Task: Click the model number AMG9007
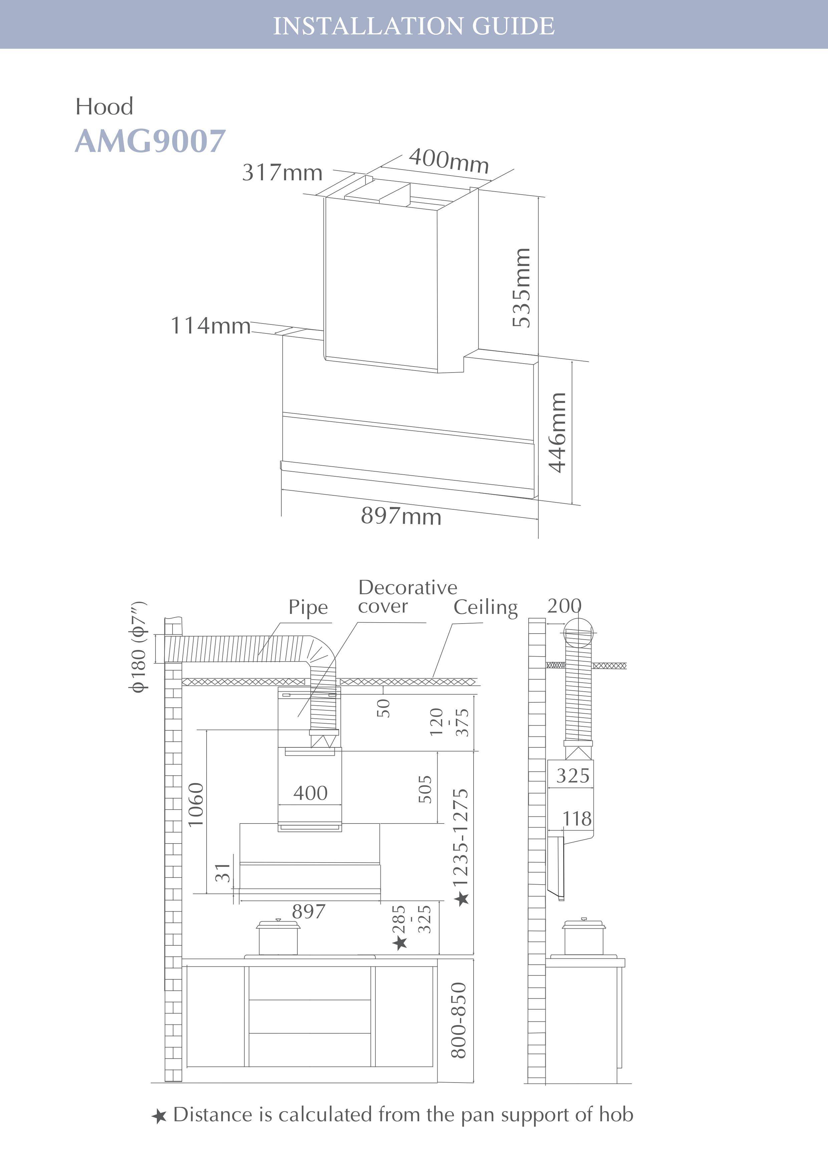[150, 141]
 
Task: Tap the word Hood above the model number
[104, 106]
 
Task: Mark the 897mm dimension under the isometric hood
[401, 516]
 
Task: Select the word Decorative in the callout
[407, 588]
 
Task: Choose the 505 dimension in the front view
[425, 789]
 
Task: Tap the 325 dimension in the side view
[573, 776]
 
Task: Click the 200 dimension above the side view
[564, 606]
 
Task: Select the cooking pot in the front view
[278, 937]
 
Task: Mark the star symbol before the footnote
[159, 1117]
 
